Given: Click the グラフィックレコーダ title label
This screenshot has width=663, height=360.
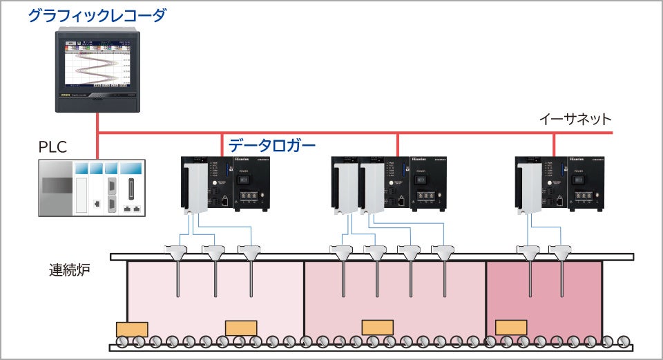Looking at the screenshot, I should [97, 15].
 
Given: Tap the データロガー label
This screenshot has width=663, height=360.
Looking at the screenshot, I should [272, 145].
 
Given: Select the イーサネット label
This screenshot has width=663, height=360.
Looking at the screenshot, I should [575, 119].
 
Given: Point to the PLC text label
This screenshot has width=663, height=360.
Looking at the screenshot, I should [54, 148].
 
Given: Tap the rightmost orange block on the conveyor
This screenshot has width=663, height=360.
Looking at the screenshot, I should [511, 327].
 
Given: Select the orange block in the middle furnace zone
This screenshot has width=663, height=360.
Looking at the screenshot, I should [378, 327].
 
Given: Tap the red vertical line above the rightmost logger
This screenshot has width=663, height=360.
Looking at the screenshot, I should [554, 143].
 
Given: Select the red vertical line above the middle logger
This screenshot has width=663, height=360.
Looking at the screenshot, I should [398, 143].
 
